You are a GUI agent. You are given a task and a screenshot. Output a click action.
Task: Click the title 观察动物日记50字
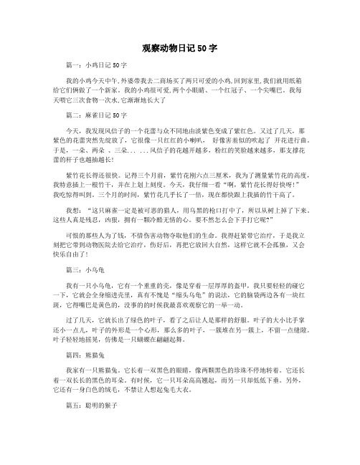click(x=179, y=44)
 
